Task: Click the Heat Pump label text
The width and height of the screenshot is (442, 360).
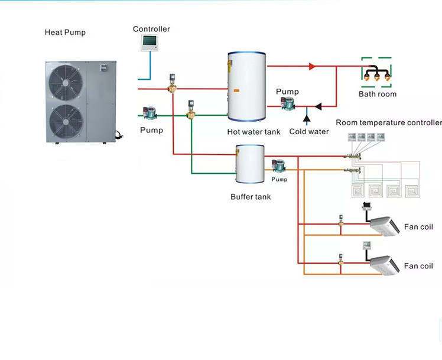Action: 65,33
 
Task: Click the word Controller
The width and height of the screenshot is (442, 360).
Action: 151,29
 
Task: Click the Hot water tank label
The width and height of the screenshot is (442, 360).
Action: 253,132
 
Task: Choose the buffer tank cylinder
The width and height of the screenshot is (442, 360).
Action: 249,164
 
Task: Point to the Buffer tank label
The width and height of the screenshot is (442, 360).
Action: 251,196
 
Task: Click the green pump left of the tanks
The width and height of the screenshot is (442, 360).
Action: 150,112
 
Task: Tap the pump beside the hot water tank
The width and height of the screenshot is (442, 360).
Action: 287,105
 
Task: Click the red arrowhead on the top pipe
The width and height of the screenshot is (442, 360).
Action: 313,66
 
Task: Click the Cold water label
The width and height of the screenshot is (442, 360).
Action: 309,131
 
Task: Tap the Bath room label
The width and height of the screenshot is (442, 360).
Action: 378,94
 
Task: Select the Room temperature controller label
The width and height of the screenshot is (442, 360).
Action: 388,122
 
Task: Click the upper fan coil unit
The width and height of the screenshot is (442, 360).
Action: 385,225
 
